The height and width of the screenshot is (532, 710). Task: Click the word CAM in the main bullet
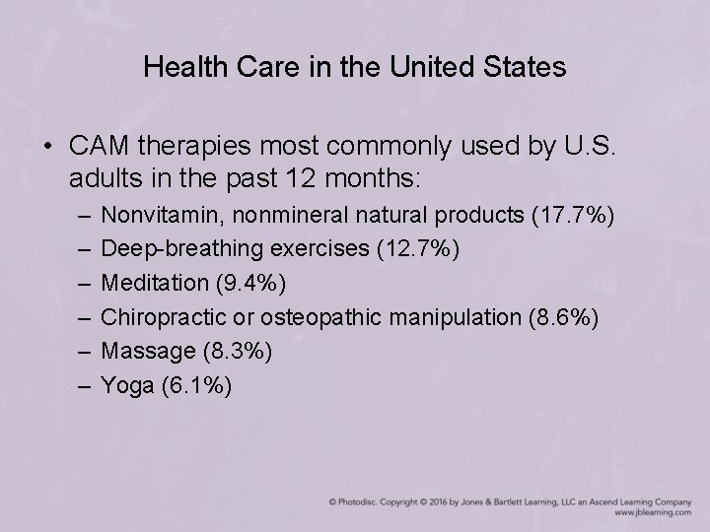pyautogui.click(x=98, y=147)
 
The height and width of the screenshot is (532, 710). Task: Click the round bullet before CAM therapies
pyautogui.click(x=48, y=148)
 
